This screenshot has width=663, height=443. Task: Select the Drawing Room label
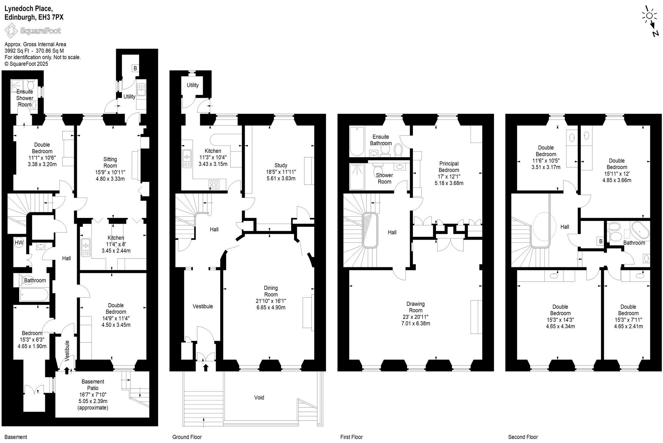(x=416, y=307)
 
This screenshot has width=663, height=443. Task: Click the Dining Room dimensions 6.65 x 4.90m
(x=271, y=308)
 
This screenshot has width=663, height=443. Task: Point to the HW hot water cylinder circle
(x=19, y=242)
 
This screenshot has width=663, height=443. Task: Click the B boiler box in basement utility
(x=135, y=68)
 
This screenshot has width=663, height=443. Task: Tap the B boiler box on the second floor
(x=600, y=241)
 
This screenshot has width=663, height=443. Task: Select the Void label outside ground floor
(x=259, y=398)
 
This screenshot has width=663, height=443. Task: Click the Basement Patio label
(x=93, y=385)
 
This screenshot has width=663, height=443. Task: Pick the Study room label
(x=281, y=165)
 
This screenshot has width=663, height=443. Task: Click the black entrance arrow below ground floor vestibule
(x=206, y=368)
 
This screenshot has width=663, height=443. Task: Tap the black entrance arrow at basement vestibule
(x=67, y=370)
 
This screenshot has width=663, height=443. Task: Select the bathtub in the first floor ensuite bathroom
(x=357, y=141)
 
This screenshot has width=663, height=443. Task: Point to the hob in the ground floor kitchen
(x=214, y=184)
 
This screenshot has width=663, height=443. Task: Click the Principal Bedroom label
(x=449, y=167)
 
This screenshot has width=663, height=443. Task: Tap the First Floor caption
(x=351, y=437)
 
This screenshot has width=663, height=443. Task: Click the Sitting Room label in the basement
(x=110, y=163)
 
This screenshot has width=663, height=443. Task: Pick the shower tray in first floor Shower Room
(x=357, y=176)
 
